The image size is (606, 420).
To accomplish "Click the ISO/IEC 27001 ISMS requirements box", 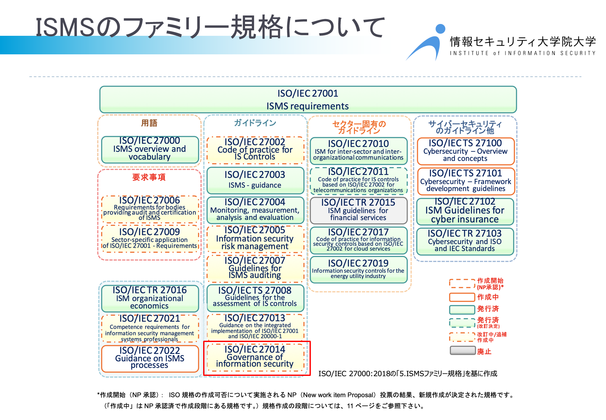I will (308, 99).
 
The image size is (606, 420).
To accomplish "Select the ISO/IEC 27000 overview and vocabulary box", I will (150, 149).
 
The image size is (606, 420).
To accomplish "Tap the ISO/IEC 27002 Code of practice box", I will (255, 150).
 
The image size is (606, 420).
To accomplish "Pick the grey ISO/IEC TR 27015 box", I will (358, 210).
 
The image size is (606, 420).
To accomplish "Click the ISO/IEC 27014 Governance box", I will (255, 357).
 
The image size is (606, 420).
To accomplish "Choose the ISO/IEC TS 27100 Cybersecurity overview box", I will (465, 151).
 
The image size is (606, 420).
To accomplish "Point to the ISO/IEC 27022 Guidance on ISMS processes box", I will (150, 358).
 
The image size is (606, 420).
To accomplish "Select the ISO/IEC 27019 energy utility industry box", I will (358, 269).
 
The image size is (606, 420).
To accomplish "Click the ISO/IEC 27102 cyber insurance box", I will (465, 211).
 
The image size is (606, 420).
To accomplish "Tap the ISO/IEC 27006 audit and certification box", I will (150, 209).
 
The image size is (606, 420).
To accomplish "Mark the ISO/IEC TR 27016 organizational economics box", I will (150, 298).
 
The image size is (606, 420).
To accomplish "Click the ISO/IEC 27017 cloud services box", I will (358, 240).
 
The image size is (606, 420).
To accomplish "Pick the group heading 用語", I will (149, 123).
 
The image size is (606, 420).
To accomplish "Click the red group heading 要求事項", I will (149, 177).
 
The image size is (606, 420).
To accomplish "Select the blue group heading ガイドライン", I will (255, 123).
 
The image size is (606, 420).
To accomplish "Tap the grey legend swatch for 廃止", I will (462, 351).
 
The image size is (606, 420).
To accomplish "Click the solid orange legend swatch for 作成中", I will (462, 297).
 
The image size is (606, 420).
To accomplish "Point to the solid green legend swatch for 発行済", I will (462, 309).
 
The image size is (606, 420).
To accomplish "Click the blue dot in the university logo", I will (440, 29).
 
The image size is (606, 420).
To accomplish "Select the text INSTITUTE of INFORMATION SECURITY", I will (523, 53).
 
